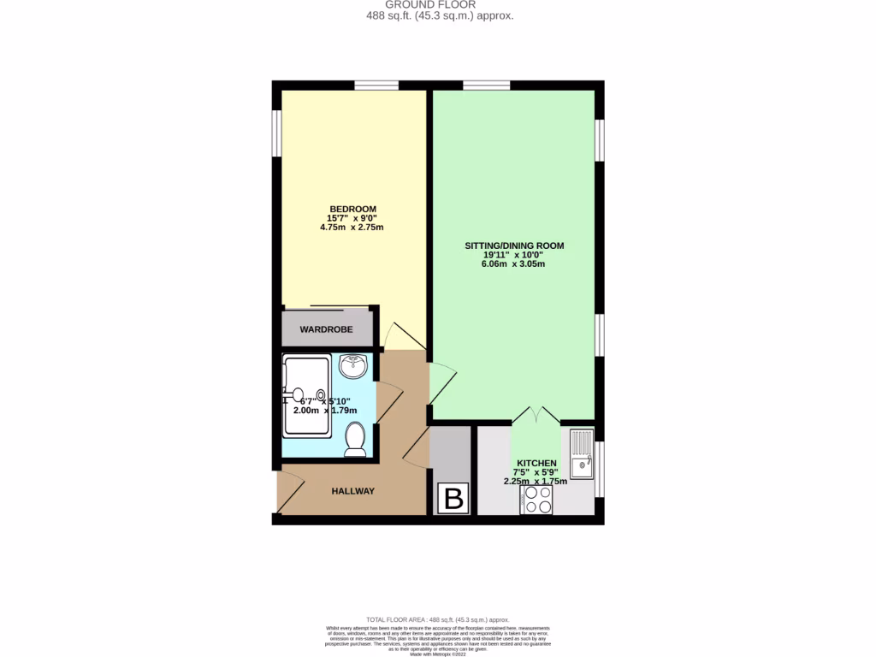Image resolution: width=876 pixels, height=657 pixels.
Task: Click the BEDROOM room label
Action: (352, 210)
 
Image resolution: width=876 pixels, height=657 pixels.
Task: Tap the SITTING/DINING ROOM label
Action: (514, 246)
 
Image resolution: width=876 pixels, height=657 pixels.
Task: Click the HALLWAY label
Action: (352, 491)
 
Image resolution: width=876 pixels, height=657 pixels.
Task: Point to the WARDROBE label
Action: (326, 329)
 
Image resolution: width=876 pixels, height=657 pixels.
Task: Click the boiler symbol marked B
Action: (453, 498)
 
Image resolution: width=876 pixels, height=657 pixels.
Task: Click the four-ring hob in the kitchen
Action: (536, 500)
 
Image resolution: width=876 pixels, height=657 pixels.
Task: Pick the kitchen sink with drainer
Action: (581, 454)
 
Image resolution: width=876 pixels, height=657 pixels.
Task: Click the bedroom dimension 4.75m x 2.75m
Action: (352, 228)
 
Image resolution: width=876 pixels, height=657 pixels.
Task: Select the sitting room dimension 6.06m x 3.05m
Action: (513, 264)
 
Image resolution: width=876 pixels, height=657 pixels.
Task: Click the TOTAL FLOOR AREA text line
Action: (437, 619)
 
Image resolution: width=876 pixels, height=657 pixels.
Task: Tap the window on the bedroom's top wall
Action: (376, 85)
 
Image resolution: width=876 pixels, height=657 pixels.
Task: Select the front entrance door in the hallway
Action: (289, 492)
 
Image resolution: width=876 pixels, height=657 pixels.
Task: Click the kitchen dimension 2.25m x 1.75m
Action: (536, 482)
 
